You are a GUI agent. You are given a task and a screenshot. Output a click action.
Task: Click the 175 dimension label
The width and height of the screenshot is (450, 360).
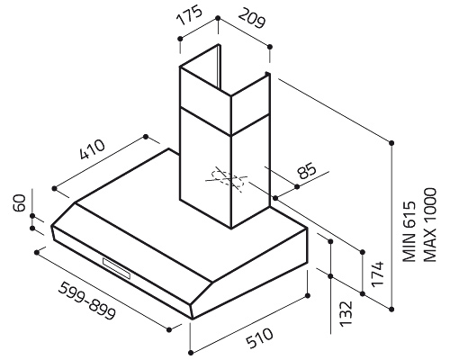pos(189,16)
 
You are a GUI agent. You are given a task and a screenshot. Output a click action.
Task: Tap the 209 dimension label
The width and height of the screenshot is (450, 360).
pos(252,18)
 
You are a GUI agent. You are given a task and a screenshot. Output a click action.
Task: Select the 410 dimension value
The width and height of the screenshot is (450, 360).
pos(93,149)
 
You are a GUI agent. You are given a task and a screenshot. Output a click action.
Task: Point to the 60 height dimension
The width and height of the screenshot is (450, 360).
pos(20,203)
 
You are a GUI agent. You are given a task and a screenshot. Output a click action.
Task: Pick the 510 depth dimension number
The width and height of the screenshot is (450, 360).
pos(259,338)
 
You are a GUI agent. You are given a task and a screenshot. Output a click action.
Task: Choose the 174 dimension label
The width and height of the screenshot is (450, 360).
pos(377,274)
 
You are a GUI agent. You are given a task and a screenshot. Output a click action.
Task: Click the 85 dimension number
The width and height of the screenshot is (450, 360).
pos(307,171)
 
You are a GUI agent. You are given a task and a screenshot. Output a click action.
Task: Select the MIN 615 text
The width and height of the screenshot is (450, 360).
pos(409,231)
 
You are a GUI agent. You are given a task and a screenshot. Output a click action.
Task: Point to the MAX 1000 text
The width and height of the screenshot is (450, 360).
pos(429,225)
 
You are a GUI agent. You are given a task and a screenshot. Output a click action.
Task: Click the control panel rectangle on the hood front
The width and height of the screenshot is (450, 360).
pos(116,268)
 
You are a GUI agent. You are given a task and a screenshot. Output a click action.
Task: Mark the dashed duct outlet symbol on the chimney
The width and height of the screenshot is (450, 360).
pos(227,179)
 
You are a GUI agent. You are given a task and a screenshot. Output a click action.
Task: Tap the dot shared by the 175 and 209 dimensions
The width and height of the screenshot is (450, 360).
pos(218,18)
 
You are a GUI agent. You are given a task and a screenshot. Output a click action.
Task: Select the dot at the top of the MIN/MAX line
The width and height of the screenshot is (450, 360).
pos(391,142)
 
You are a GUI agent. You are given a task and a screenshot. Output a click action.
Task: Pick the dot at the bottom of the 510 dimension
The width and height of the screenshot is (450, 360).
pos(191,352)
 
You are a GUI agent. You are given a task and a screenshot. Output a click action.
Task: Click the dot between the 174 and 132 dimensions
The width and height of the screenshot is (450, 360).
pos(330,276)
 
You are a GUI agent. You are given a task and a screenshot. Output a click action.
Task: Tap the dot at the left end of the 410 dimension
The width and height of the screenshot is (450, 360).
pos(54,188)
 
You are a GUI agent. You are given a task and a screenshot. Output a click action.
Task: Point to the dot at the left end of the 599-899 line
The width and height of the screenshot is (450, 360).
pos(37,253)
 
